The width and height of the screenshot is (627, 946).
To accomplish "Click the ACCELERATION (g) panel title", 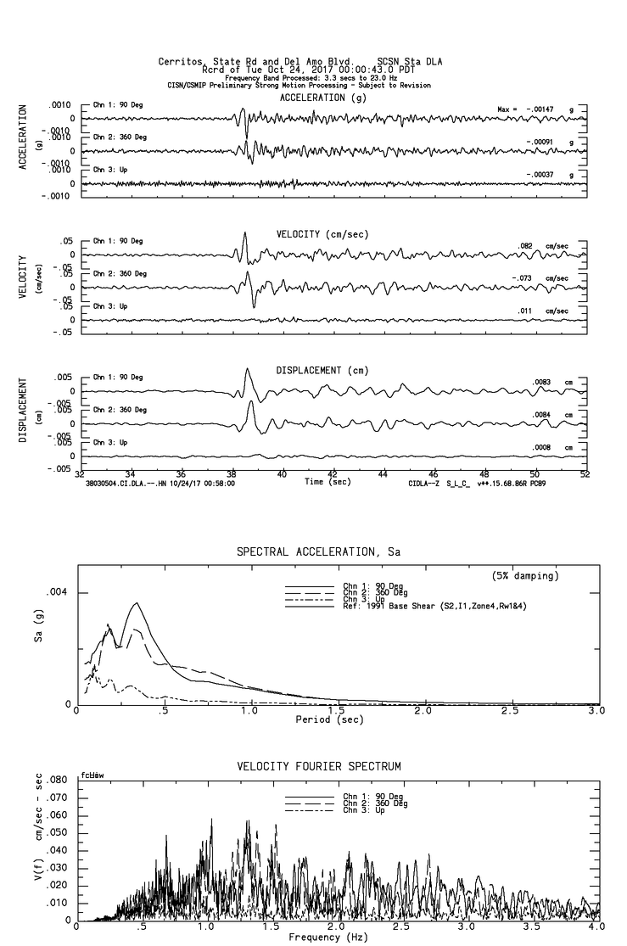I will (x=324, y=98).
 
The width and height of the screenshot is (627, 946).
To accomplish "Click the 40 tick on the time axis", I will (x=282, y=475).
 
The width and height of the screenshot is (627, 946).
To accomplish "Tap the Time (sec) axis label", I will (x=327, y=482).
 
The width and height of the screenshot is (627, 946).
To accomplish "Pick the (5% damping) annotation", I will (x=525, y=576).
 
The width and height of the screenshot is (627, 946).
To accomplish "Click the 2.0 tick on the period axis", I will (x=423, y=711).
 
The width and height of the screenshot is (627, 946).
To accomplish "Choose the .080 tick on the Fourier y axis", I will (x=58, y=780).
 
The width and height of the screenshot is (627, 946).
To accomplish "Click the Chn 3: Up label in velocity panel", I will (x=108, y=306).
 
